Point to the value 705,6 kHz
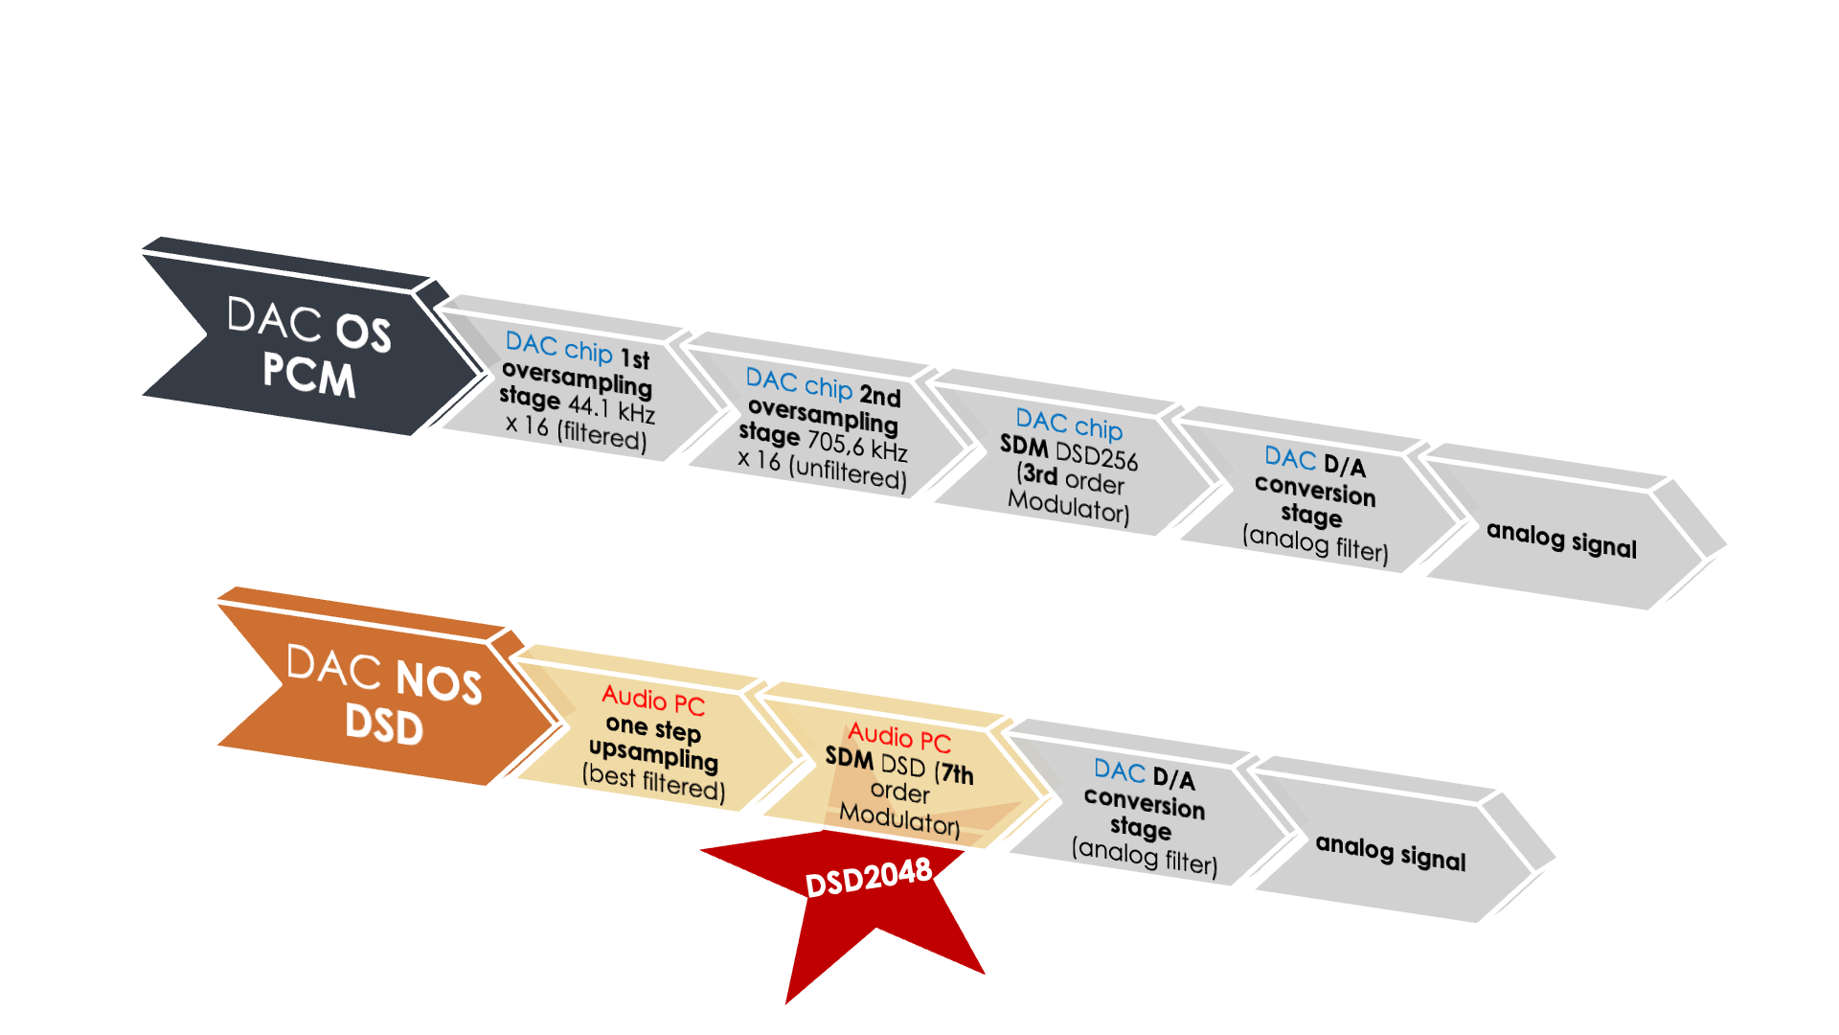pos(856,445)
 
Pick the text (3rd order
pos(1071,478)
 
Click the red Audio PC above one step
pos(653,701)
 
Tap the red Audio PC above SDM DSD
pos(899,738)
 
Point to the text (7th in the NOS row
pos(954,772)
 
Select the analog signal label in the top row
pos(1561,540)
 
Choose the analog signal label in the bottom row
pos(1391,852)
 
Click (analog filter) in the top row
pos(1315,544)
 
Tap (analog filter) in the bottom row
pos(1145,857)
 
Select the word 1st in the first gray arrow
pos(635,359)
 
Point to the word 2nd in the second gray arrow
pos(880,396)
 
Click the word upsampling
pos(654,755)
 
